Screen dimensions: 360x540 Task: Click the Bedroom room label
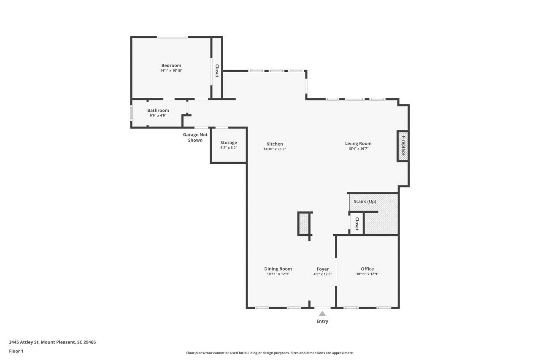[x=171, y=65]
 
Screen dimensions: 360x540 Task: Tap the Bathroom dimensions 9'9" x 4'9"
[x=158, y=115]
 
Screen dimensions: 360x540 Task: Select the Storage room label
[x=228, y=143]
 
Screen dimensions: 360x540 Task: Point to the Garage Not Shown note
[x=195, y=137]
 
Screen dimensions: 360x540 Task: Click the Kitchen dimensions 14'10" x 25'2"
[x=275, y=149]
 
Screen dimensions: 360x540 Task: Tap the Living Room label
[x=358, y=143]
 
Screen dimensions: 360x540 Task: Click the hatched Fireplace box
[x=402, y=146]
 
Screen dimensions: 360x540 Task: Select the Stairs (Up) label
[x=365, y=201]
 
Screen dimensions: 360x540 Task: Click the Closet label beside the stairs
[x=356, y=224]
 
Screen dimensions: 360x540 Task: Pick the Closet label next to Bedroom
[x=217, y=71]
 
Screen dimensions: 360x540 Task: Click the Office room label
[x=367, y=269]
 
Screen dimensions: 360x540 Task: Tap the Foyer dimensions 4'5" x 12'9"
[x=323, y=274]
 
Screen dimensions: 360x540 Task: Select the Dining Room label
[x=278, y=269]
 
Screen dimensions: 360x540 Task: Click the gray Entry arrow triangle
[x=322, y=314]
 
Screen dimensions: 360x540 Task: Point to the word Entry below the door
[x=322, y=321]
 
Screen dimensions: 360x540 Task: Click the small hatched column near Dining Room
[x=304, y=224]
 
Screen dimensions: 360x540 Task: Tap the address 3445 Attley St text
[x=52, y=342]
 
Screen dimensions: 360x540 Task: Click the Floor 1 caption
[x=16, y=351]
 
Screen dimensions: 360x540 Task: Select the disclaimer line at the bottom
[x=270, y=353]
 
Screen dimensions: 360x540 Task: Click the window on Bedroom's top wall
[x=172, y=37]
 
